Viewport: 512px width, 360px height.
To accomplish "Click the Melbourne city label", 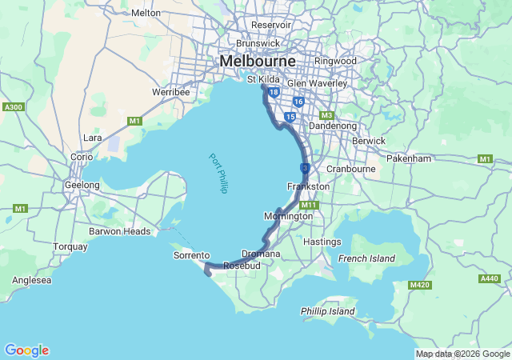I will tap(258, 62).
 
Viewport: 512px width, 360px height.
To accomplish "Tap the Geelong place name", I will tap(82, 185).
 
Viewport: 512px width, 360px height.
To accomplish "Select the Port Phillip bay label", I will tap(218, 173).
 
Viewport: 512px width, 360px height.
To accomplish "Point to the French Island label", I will tap(366, 258).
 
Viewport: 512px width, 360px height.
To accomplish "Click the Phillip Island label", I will tap(326, 310).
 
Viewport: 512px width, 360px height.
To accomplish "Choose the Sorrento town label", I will tap(191, 255).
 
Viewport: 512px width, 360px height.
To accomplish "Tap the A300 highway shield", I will tap(13, 106).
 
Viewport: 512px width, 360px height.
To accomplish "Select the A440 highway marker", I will tap(489, 278).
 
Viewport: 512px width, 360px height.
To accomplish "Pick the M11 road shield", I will tap(310, 205).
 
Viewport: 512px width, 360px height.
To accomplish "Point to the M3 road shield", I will tap(326, 115).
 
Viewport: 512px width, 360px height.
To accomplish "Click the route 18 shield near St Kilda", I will tap(274, 93).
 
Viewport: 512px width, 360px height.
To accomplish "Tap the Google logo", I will tap(26, 350).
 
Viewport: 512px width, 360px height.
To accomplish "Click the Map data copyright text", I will tap(462, 354).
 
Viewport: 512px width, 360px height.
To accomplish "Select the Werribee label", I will tap(171, 92).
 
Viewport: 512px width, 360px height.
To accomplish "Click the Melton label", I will tap(146, 13).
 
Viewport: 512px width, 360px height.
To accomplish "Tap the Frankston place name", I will tap(308, 186).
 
